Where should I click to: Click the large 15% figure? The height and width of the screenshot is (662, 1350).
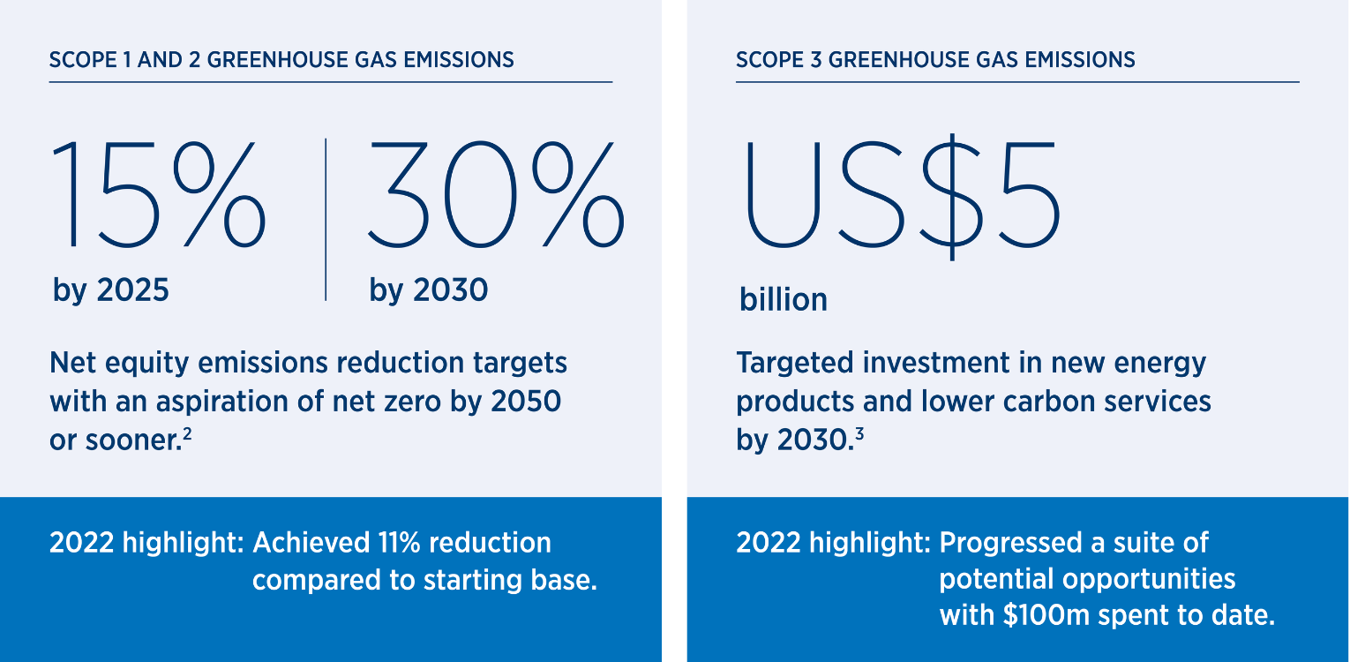[x=159, y=194]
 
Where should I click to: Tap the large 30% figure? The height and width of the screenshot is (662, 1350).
[x=496, y=194]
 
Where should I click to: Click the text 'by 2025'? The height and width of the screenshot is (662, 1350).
[x=111, y=290]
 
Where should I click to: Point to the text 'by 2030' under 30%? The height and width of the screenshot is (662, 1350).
[x=429, y=290]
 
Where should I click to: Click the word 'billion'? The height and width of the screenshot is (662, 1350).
[x=784, y=299]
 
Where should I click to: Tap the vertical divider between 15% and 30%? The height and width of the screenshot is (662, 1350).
[x=326, y=220]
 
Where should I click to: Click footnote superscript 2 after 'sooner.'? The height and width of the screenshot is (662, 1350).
[x=187, y=433]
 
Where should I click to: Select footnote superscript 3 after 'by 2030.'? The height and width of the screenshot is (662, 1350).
[x=859, y=433]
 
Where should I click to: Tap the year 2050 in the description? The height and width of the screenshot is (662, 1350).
[x=526, y=402]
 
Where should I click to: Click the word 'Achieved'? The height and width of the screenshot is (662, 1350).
[x=311, y=543]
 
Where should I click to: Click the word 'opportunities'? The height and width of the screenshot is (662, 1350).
[x=1149, y=580]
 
